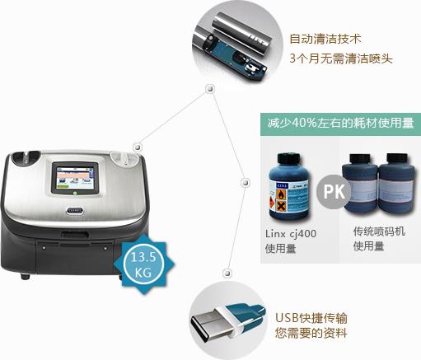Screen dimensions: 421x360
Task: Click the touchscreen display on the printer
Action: point(75,177)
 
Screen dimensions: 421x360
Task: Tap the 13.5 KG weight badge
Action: point(143,264)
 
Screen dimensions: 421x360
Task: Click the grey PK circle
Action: point(334,191)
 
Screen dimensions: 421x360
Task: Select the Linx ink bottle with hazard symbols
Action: point(290,187)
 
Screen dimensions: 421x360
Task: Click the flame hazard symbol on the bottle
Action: point(281,195)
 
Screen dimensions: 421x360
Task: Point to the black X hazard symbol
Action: point(281,206)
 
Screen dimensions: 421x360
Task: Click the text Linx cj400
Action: point(291,234)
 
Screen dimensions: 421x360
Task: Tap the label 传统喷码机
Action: point(379,231)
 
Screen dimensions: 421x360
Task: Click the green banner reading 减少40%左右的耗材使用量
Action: point(340,124)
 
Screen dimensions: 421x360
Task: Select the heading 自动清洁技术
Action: point(325,39)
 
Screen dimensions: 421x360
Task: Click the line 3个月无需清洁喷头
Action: point(341,58)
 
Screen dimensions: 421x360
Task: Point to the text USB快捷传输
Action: point(311,318)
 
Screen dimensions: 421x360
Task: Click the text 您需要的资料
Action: point(311,333)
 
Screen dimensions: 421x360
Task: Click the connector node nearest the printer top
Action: point(138,147)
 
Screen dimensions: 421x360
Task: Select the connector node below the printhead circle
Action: point(210,89)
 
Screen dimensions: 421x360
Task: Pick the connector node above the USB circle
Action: point(227,274)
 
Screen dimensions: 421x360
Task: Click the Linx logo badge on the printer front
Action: point(75,211)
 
